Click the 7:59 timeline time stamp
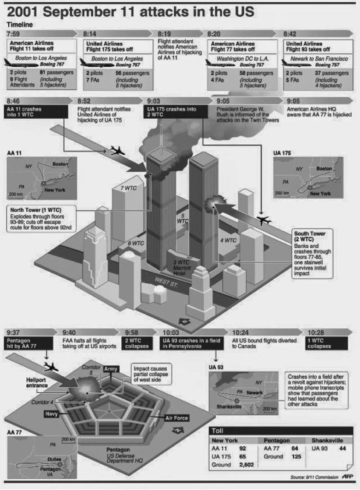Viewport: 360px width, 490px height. [14, 34]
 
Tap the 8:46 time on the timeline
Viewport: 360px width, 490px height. [14, 101]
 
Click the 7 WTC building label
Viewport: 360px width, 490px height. [128, 188]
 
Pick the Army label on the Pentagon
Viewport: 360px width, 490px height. [113, 370]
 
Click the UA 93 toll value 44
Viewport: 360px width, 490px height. [343, 448]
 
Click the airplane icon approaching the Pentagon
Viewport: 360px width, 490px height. [50, 367]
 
